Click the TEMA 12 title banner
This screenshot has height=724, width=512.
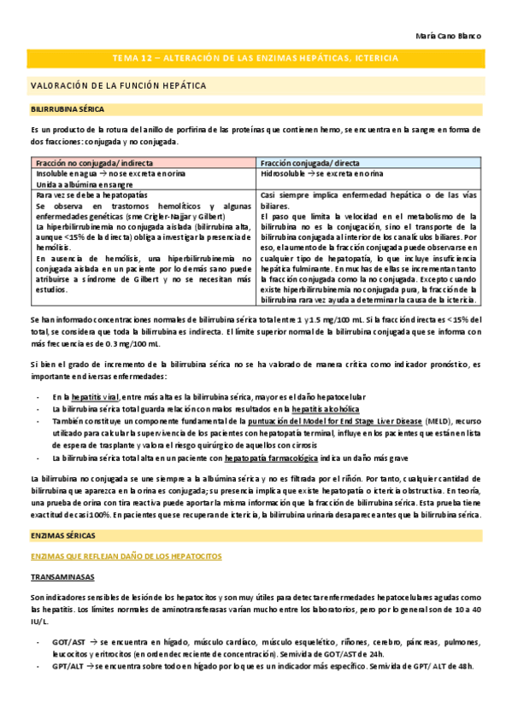(x=256, y=58)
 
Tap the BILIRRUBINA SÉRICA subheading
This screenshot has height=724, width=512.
(x=68, y=110)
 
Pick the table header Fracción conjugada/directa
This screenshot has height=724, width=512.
(x=310, y=162)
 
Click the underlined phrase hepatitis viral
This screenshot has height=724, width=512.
(x=96, y=397)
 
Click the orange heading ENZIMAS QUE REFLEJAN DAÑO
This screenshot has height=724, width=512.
(x=126, y=532)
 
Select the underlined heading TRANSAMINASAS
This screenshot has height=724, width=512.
(x=61, y=553)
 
